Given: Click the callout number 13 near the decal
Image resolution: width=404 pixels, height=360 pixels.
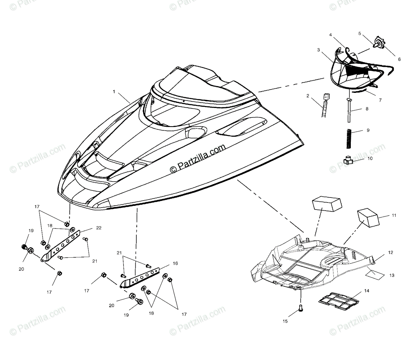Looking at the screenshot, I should coord(392,275).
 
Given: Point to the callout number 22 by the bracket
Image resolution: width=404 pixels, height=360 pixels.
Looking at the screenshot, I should coord(99,228).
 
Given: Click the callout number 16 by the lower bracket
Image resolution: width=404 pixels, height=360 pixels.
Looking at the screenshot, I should coord(175,264).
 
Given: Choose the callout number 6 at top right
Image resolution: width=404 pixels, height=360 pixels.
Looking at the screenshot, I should coord(390,59).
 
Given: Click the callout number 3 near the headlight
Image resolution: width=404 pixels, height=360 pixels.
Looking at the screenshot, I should coord(318,50).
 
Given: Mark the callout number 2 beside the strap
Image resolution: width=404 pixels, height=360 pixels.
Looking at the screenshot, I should coord(307,96).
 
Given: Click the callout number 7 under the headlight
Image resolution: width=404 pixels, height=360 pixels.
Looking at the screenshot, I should coord(380,100).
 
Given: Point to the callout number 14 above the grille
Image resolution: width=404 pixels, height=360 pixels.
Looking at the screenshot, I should coord(367,290).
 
